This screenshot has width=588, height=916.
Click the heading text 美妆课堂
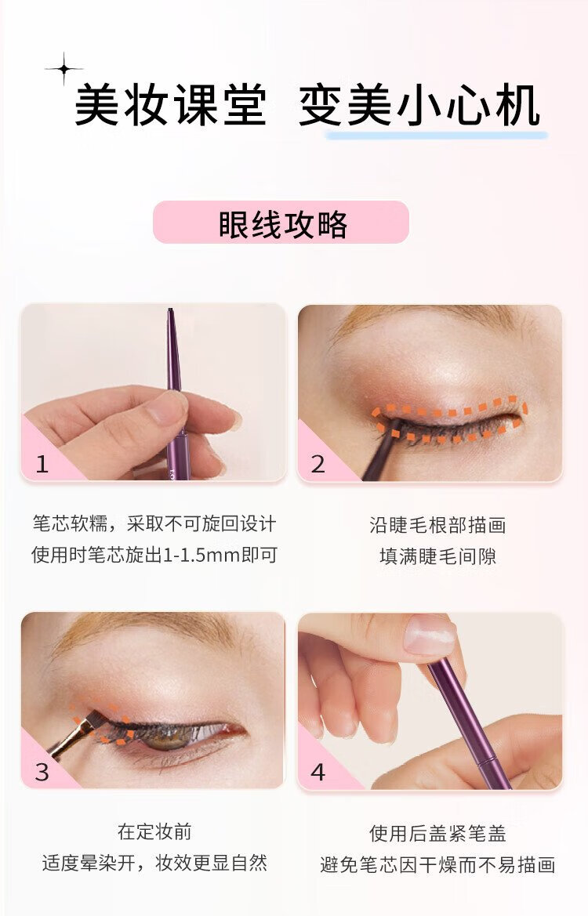coord(171,106)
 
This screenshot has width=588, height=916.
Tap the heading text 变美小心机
coord(419,106)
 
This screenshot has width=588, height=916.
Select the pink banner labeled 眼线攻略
coord(281,222)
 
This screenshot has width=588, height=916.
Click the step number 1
coord(42,464)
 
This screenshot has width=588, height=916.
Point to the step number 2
coord(318,464)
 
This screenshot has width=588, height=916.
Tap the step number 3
coord(42,772)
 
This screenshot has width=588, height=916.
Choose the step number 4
coord(318,772)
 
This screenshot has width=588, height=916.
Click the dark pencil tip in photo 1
coord(171,313)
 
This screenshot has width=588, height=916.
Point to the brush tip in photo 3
coord(93,719)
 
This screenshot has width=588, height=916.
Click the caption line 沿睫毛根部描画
coord(437,525)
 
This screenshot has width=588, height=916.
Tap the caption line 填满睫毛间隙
coord(437,556)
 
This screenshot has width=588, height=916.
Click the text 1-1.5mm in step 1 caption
coord(201,555)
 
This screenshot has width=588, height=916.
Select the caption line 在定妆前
coord(154,831)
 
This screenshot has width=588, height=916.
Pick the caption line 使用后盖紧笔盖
coord(437,833)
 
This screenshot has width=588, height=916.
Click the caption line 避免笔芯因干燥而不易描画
coord(437,864)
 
